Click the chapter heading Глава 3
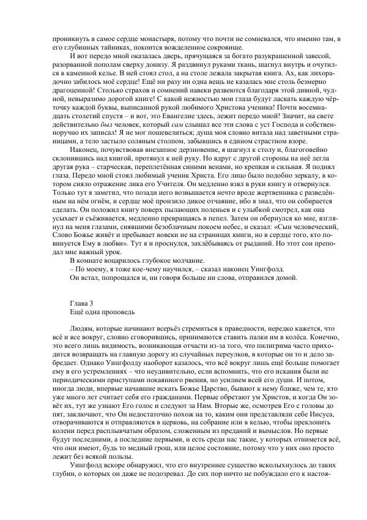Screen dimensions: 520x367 [82, 304]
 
